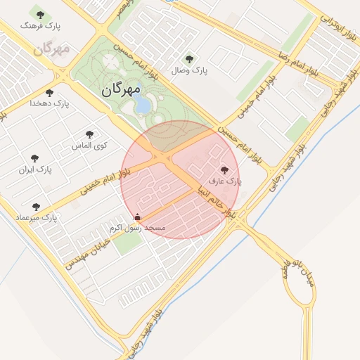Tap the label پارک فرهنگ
click(x=41, y=26)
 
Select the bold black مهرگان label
click(x=121, y=89)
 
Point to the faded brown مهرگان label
click(x=52, y=49)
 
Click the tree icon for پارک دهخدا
click(x=49, y=92)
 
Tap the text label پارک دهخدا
click(x=50, y=103)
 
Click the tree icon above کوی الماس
click(x=89, y=134)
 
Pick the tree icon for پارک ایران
click(x=35, y=159)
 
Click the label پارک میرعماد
click(x=37, y=218)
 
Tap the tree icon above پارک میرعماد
click(x=37, y=206)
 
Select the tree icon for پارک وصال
click(x=188, y=58)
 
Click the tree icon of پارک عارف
click(x=225, y=169)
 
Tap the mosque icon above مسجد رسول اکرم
click(x=137, y=217)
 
